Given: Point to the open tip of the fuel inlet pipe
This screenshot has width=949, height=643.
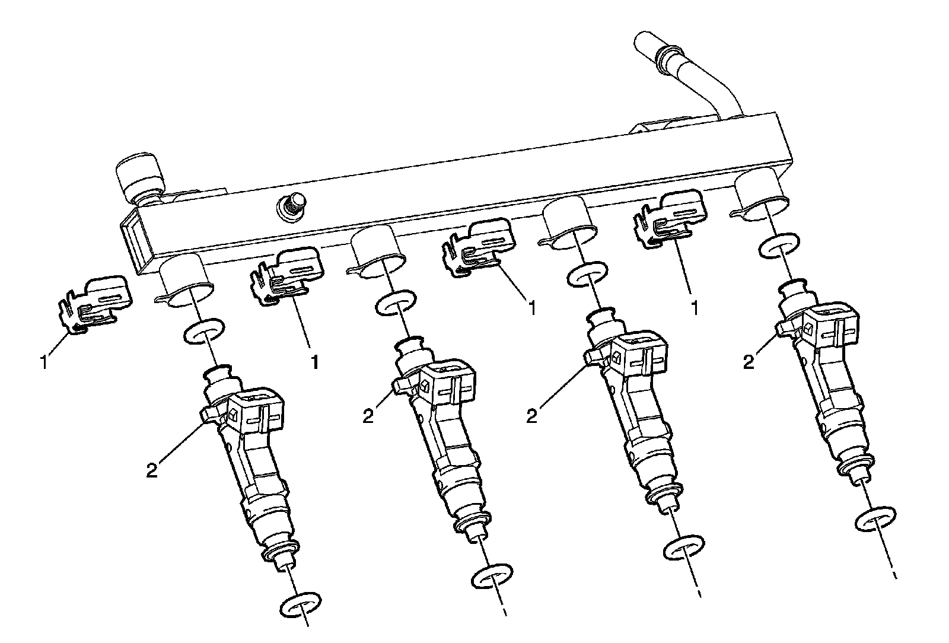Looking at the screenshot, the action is tap(642, 43).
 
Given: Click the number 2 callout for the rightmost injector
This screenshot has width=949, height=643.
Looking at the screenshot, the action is tap(749, 361).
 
